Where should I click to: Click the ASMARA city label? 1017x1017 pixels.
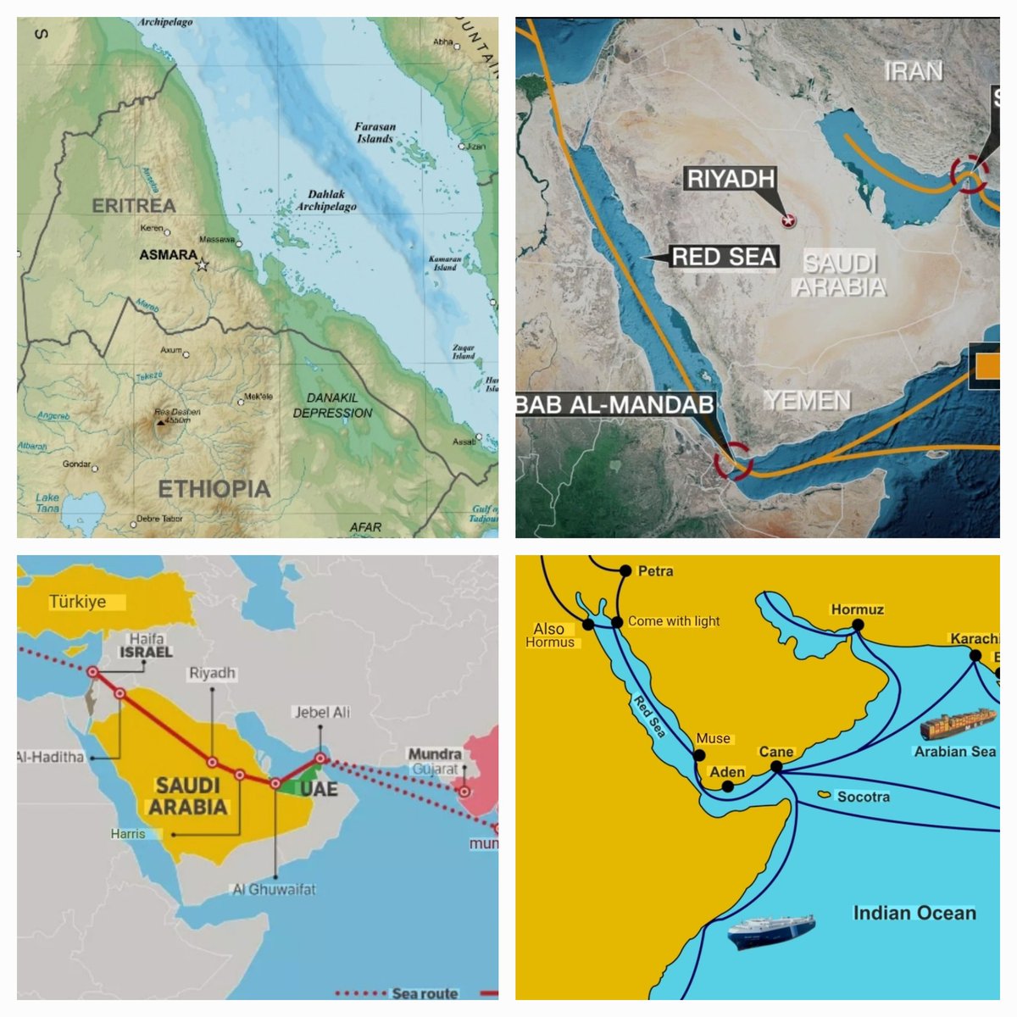[168, 254]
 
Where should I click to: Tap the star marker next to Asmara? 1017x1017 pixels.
[202, 265]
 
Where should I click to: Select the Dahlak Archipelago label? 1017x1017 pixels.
[326, 200]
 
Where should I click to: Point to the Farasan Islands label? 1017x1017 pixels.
[375, 133]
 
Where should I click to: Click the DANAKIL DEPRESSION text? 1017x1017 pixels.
[332, 405]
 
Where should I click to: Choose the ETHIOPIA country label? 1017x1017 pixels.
[214, 489]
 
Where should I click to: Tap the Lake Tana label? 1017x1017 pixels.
[47, 503]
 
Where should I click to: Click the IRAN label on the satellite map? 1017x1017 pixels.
[913, 71]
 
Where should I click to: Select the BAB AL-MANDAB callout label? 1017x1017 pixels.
[615, 405]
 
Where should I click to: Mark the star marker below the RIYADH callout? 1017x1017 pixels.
[789, 221]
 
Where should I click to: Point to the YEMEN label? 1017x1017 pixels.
[807, 400]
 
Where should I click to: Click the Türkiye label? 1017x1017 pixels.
[77, 602]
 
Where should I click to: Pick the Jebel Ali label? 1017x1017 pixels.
[321, 712]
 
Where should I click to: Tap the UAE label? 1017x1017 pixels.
[318, 789]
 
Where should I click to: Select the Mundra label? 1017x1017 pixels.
[435, 753]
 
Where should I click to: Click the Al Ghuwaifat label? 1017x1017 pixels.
[274, 889]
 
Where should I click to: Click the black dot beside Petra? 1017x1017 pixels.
[625, 571]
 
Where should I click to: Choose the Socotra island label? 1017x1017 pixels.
[863, 797]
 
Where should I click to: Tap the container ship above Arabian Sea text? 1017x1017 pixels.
[958, 724]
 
